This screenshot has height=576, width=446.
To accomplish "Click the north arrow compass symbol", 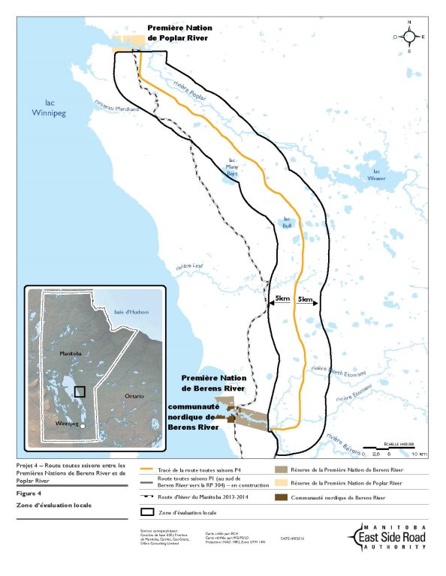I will pyautogui.click(x=410, y=37).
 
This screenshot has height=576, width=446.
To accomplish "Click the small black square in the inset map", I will pyautogui.click(x=80, y=391).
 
